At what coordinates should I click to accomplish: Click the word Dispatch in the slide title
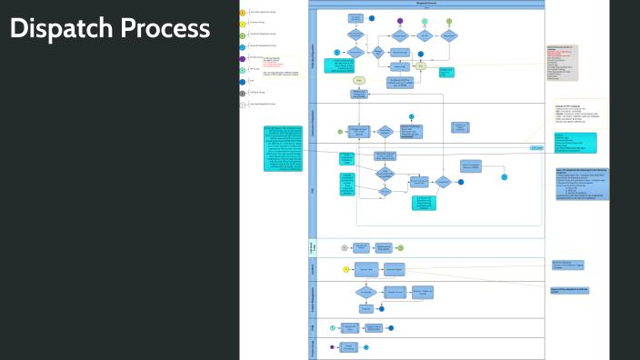tap(59, 28)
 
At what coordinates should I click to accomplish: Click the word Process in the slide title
tap(163, 28)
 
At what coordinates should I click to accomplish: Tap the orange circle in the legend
tap(242, 12)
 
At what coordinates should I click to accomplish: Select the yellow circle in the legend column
tap(242, 23)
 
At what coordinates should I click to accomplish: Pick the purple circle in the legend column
tap(242, 57)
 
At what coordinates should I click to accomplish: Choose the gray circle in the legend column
tap(242, 93)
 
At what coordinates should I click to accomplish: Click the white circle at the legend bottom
tap(242, 105)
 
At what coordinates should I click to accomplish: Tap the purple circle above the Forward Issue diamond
tap(400, 20)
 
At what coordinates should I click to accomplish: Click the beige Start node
tap(358, 80)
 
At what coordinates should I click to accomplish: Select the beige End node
tap(421, 65)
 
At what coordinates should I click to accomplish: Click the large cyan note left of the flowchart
tap(287, 147)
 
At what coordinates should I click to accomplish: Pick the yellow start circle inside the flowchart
tap(345, 269)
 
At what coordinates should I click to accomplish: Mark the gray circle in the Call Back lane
tap(344, 246)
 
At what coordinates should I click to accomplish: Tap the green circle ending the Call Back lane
tap(400, 247)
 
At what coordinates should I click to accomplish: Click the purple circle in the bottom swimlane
tap(332, 346)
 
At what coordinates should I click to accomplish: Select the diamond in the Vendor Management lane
tap(366, 292)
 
